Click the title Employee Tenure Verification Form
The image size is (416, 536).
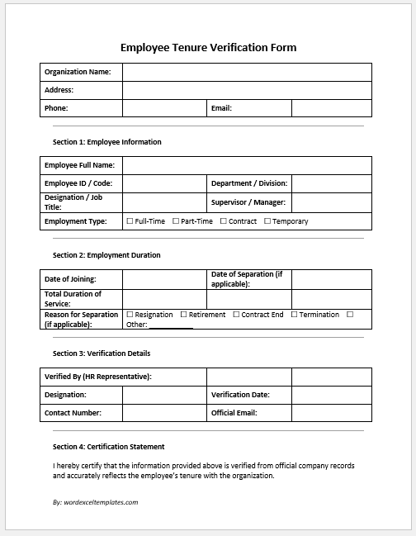pos(208,47)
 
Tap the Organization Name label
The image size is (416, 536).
pos(78,72)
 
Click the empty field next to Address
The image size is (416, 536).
pos(247,90)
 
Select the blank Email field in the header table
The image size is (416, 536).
pos(331,107)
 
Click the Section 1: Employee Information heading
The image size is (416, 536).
pos(106,142)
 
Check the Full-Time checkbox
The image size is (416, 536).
pos(130,221)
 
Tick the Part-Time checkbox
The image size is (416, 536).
pos(176,221)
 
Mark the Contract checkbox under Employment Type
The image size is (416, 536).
pos(224,221)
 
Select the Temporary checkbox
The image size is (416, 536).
pos(267,221)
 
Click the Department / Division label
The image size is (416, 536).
pos(248,183)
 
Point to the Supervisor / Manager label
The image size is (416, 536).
pos(248,202)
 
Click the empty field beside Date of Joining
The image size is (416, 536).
pos(163,279)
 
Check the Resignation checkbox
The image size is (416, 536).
pos(130,315)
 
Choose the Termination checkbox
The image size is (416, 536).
pos(294,315)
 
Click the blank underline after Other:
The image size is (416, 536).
pos(171,325)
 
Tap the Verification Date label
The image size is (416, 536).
pos(240,395)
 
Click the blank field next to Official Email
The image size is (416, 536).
pos(331,413)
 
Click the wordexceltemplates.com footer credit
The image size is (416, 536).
pos(95,501)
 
